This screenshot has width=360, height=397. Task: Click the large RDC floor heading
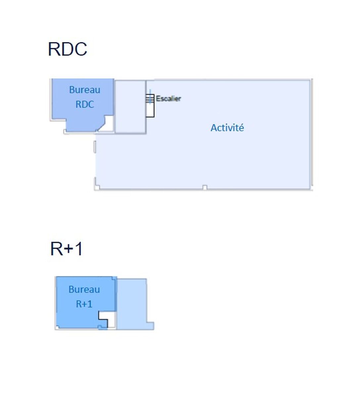67,49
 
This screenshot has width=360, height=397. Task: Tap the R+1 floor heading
66,249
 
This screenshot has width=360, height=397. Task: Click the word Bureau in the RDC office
84,90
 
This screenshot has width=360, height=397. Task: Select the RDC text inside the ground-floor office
84,104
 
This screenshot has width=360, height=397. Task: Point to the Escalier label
168,99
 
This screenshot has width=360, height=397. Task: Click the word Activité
227,128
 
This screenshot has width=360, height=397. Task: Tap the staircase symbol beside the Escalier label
150,99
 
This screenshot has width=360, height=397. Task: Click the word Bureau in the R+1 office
84,289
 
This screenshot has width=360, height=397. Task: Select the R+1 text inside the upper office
84,304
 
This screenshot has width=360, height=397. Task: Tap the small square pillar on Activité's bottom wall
204,188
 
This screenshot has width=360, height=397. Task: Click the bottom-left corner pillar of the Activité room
97,188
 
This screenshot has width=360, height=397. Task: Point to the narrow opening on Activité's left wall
95,147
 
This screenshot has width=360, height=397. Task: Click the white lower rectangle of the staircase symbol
150,110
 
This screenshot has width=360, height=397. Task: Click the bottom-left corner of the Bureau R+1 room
57,328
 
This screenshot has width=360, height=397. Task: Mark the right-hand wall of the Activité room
311,134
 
